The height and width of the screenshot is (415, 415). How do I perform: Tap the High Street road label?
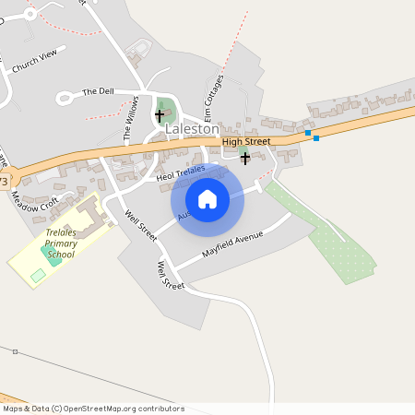tap(246, 141)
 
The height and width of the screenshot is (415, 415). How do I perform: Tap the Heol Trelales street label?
tap(179, 172)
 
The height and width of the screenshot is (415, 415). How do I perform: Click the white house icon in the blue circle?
tap(207, 198)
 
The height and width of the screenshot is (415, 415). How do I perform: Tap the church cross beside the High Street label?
tap(244, 158)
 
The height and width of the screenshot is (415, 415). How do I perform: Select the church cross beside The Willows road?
tap(160, 115)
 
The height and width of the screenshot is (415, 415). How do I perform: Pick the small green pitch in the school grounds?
tap(38, 275)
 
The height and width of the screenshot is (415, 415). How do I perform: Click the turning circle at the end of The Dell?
tap(65, 98)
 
